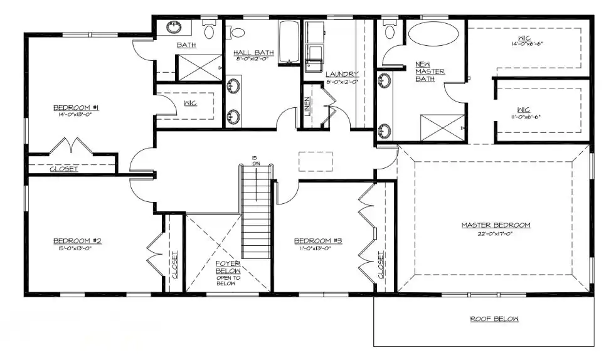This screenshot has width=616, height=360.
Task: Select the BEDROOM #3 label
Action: point(317,241)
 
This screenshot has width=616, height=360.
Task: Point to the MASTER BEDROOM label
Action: point(496,225)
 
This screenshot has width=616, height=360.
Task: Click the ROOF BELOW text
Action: point(494,319)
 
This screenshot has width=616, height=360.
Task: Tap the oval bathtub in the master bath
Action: point(433,34)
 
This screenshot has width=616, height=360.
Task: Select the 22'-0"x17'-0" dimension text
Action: point(496,233)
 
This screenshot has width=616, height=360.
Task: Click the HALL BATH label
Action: point(249,52)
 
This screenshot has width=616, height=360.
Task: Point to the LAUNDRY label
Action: point(341,74)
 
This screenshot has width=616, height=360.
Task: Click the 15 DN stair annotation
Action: point(255,161)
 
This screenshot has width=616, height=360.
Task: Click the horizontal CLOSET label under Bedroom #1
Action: point(63,169)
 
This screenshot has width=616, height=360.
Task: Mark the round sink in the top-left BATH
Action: point(173,28)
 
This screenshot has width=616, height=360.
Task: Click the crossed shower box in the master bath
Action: point(442,128)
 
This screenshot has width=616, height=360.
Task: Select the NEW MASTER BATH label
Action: point(430,71)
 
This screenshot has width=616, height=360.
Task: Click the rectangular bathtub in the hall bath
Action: point(289,43)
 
